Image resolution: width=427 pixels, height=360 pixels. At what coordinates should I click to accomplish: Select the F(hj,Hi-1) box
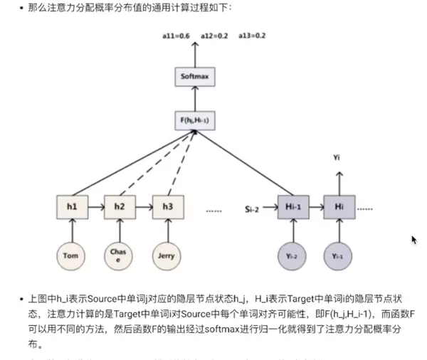click(194, 120)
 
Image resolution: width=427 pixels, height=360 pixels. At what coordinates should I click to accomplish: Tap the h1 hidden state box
click(72, 206)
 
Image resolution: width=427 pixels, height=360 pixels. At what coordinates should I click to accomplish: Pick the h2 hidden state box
click(119, 206)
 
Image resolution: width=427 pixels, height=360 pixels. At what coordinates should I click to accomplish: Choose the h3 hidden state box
click(167, 206)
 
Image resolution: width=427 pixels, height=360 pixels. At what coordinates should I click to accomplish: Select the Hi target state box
click(339, 206)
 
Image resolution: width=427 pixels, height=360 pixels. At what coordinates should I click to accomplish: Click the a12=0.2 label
click(213, 36)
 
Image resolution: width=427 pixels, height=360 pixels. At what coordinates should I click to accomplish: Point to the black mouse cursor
click(413, 240)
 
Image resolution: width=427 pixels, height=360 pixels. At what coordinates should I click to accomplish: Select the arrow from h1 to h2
click(95, 206)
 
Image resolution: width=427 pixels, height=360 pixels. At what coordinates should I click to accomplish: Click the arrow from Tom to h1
click(72, 230)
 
